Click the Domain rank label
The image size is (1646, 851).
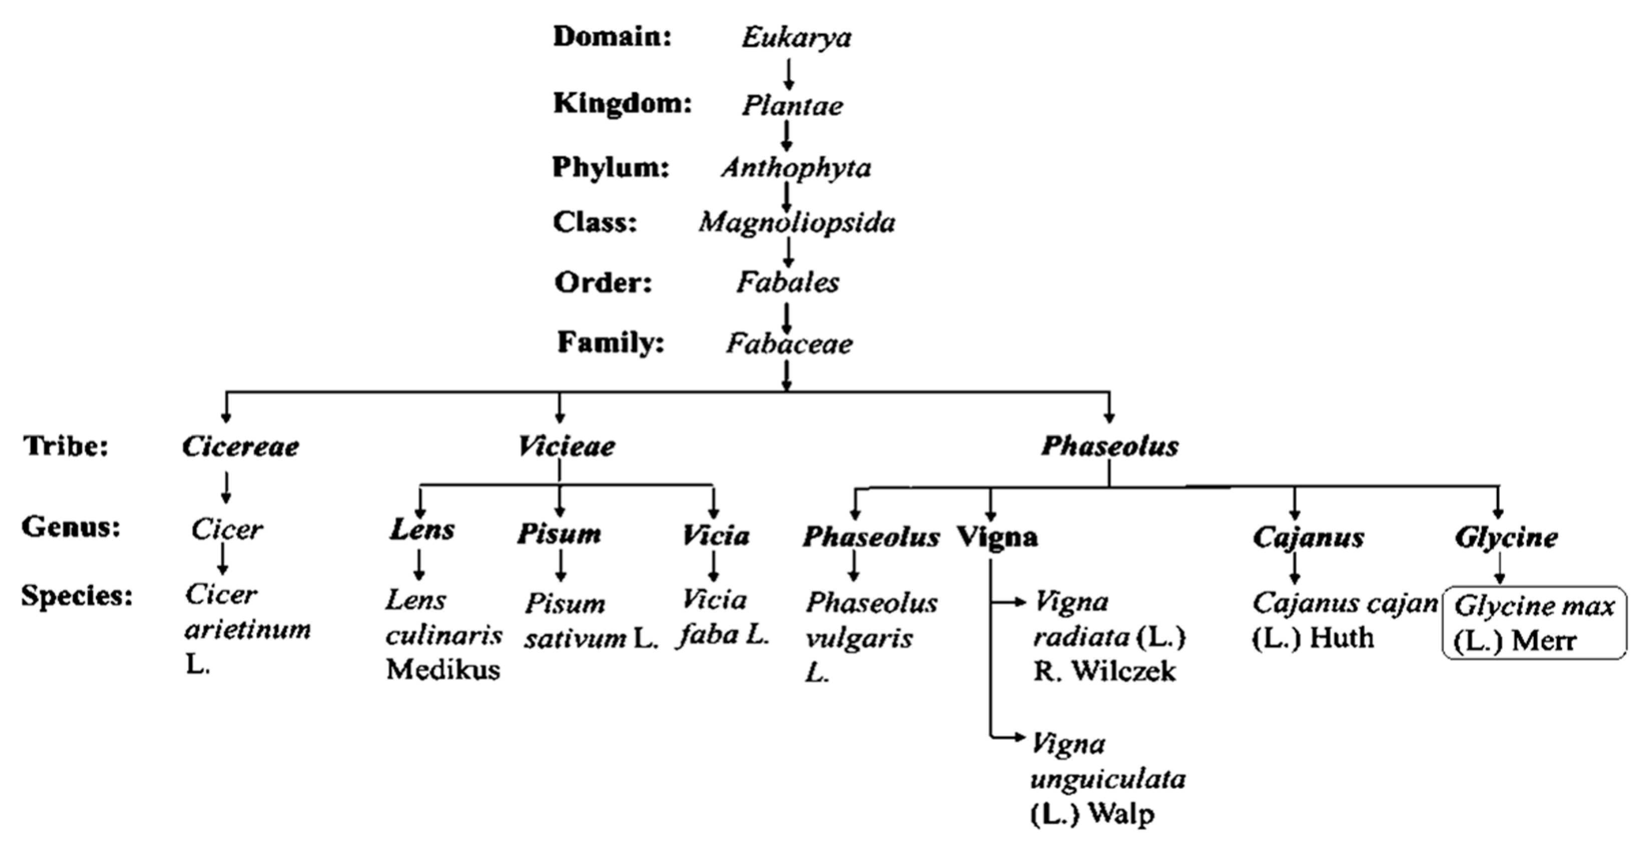tap(612, 37)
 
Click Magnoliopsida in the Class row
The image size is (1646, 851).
tap(796, 222)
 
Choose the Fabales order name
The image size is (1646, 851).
tap(787, 282)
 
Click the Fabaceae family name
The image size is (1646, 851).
tap(789, 344)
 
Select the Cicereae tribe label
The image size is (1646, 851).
tap(240, 446)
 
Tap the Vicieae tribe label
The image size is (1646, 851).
tap(566, 446)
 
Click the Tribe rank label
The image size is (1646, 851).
tap(66, 446)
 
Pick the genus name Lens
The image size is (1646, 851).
tap(422, 530)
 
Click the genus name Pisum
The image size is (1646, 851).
tap(559, 534)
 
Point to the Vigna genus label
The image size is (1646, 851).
tap(997, 537)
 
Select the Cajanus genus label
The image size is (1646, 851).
tap(1308, 537)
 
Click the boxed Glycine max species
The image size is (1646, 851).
tap(1533, 623)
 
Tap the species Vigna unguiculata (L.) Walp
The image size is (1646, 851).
tap(1107, 779)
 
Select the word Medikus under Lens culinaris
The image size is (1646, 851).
tap(443, 670)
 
